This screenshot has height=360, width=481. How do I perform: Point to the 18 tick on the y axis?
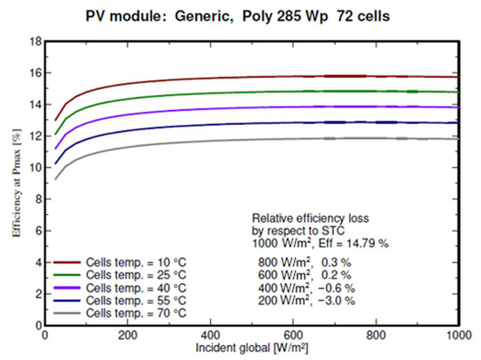point(34,41)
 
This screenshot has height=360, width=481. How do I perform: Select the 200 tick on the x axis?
point(128,335)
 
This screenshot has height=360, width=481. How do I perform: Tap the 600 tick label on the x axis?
point(294,335)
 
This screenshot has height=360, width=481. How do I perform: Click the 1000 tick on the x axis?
point(458,335)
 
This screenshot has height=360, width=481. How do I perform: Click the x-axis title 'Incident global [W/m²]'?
point(252,348)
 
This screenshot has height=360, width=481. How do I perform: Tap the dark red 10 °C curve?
point(262,79)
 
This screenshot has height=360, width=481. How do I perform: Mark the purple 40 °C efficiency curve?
point(262,109)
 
